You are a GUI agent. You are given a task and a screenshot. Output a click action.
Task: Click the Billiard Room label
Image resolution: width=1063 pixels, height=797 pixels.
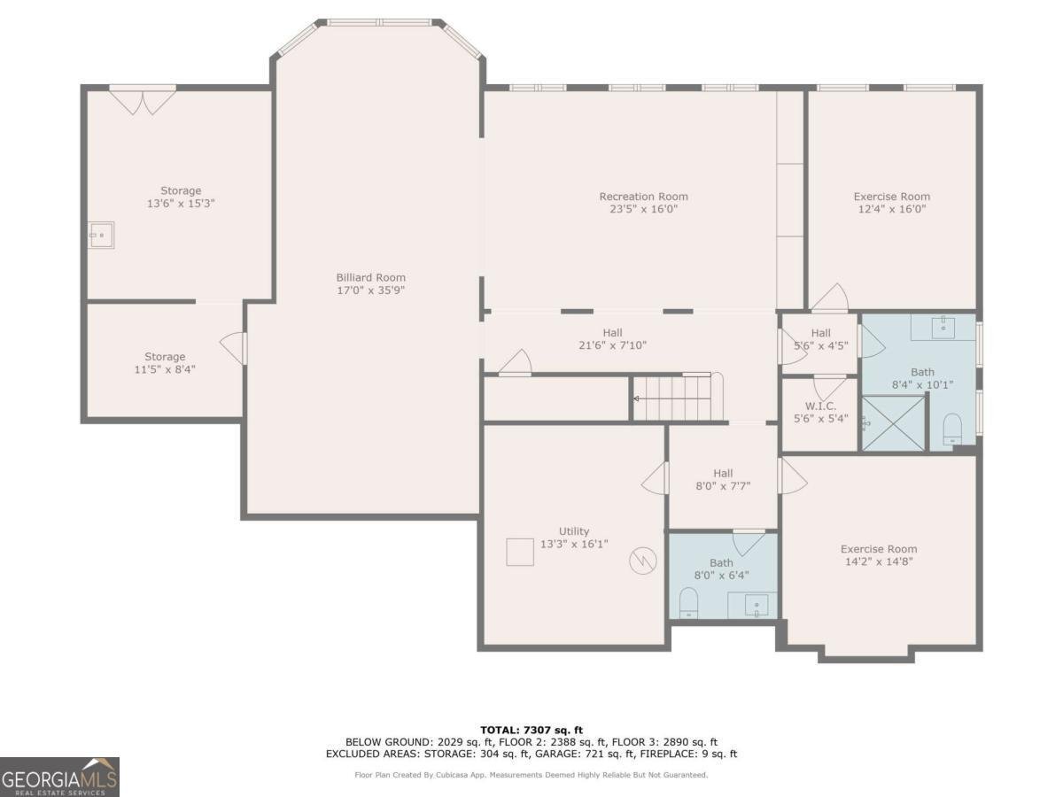point(370,277)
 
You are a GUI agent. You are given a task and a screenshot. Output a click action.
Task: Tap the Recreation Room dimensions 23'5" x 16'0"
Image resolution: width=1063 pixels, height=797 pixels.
point(643,209)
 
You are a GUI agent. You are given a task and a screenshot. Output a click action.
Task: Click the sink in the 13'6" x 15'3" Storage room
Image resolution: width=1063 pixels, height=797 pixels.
point(101,236)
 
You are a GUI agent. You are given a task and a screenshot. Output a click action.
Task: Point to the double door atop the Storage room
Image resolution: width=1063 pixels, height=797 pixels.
point(143,100)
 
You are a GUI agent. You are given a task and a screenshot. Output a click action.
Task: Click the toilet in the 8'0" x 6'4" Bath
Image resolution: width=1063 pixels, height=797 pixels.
point(688,604)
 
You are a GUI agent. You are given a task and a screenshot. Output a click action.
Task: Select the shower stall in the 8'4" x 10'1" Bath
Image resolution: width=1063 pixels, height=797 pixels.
point(892,422)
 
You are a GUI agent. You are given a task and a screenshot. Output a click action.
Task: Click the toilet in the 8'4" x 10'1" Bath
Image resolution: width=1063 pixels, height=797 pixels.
point(952,429)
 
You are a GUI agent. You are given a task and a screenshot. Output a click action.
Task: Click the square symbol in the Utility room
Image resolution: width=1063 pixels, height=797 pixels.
point(520,551)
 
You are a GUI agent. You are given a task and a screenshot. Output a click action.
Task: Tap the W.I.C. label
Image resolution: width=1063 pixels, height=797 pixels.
point(820,406)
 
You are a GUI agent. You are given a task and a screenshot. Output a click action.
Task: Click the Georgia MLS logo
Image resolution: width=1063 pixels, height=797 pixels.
point(59,777)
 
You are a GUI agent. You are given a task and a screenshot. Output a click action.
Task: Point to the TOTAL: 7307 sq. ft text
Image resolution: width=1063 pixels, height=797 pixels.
point(531,729)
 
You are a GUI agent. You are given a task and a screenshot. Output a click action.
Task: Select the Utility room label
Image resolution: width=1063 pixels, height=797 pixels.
point(574,531)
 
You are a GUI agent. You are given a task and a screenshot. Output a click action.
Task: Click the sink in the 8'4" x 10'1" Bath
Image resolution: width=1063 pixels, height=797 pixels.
point(943,327)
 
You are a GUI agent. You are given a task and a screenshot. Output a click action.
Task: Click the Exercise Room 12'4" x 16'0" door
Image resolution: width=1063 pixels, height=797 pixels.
point(830,299)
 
